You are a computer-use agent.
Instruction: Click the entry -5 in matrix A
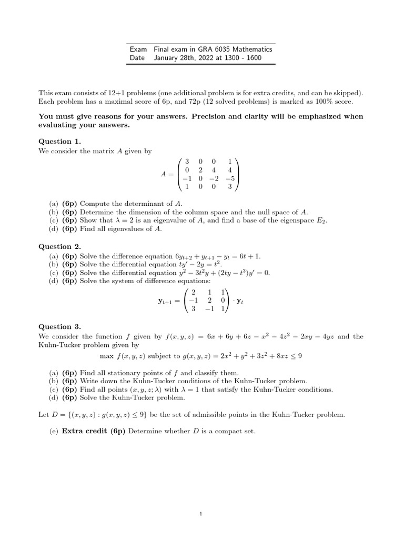coord(229,177)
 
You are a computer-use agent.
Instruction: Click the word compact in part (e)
coord(230,431)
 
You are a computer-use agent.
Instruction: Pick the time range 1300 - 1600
coord(243,58)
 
